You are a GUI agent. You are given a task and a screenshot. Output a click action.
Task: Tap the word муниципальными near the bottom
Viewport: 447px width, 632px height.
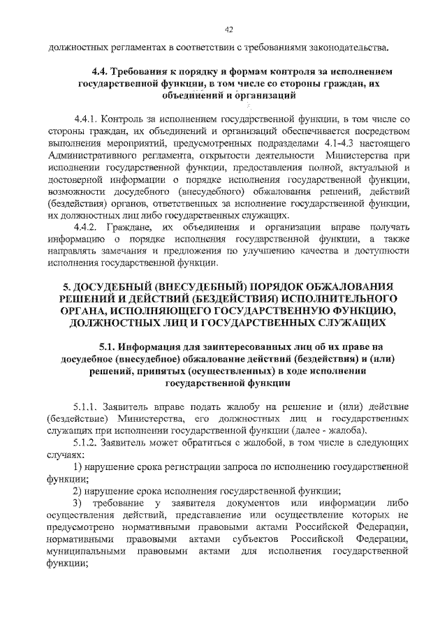click(x=86, y=551)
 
